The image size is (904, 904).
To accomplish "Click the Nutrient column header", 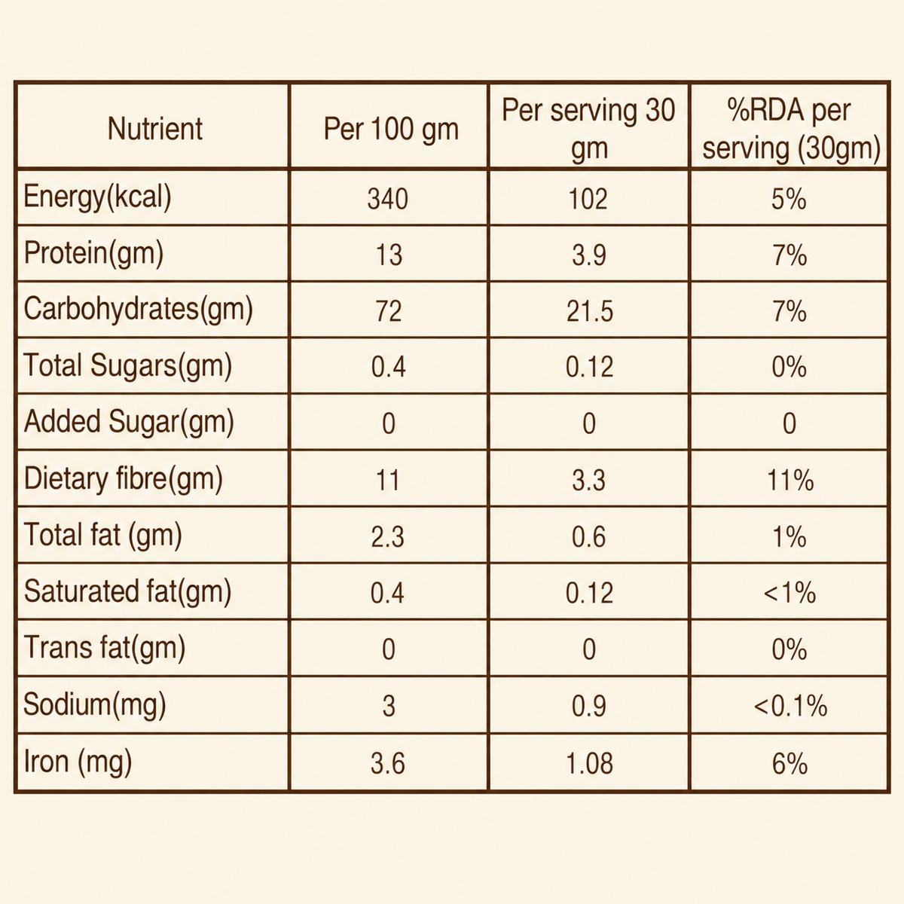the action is click(x=155, y=129).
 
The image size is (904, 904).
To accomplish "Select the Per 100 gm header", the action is click(x=391, y=129).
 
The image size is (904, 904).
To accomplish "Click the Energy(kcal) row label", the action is click(x=97, y=197).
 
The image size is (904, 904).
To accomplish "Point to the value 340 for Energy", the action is click(x=387, y=199).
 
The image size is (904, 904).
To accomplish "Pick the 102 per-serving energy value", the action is click(x=588, y=199).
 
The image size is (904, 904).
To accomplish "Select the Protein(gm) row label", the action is click(x=93, y=253).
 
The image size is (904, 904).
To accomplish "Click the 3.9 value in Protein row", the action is click(x=589, y=255).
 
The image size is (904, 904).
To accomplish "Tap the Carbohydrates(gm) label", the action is click(x=138, y=310).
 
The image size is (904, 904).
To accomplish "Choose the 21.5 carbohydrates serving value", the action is click(x=590, y=311).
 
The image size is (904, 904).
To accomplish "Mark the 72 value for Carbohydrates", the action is click(x=389, y=311).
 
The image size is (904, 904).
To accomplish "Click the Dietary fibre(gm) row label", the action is click(x=123, y=479).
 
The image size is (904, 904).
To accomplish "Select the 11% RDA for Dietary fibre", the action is click(x=790, y=481).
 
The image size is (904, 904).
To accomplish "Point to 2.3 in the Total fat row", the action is click(x=387, y=537).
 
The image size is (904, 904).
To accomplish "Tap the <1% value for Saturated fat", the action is click(x=790, y=594).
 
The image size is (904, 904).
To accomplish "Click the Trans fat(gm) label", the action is click(x=104, y=648).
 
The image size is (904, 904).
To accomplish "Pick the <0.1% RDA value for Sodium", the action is click(x=790, y=707).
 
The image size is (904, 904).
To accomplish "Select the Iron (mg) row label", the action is click(x=78, y=761).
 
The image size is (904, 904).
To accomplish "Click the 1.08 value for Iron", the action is click(x=590, y=763).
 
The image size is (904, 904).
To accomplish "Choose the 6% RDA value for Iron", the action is click(x=790, y=763).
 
